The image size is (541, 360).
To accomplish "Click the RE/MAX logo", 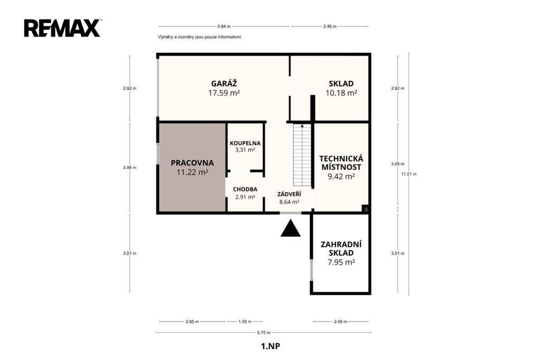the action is point(62,28).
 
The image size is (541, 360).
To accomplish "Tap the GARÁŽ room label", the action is point(224,83).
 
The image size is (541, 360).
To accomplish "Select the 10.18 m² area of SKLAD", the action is point(341,93).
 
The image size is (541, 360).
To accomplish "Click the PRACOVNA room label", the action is point(192,163).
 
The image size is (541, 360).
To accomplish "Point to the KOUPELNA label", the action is point(245,143).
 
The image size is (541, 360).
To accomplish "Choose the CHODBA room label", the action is point(245,190).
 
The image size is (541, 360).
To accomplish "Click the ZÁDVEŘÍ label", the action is point(289,194).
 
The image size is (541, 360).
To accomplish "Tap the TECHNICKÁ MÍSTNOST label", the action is point(341,163).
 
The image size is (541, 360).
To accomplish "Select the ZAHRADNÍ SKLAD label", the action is point(341,249).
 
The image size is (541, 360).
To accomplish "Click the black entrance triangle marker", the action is point(291,229).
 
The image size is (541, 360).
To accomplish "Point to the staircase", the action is point(302,155).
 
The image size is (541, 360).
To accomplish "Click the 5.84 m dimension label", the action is point(224,26).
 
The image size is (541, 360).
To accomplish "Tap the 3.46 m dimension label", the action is point(330,26).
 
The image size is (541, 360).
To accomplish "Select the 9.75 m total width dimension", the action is point(264,333).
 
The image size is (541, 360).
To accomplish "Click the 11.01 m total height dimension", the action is point(408,174).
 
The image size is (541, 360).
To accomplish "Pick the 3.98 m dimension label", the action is point(130,167).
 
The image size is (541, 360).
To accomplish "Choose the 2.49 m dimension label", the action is point(341,321).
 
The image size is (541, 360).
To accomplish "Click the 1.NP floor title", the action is point(270,346).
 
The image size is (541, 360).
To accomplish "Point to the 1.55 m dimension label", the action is point(245,321).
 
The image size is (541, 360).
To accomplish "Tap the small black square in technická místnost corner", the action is point(366,209).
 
